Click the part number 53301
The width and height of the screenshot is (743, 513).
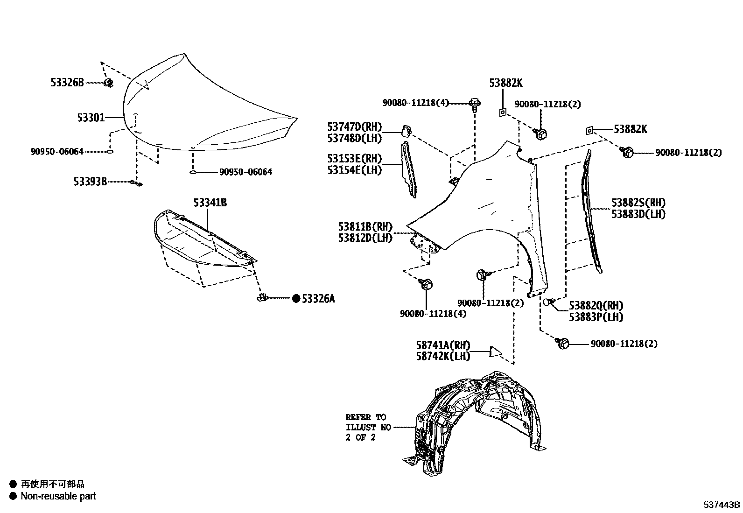tap(91, 118)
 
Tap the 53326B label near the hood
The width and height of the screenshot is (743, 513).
tap(67, 83)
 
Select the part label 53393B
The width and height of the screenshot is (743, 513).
tap(90, 182)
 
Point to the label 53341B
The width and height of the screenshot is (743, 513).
tap(210, 203)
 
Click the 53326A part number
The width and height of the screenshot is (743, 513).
tap(318, 299)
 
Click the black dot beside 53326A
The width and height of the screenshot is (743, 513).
tap(295, 299)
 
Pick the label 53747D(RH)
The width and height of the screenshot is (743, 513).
tap(354, 126)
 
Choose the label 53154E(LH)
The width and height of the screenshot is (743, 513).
tap(354, 170)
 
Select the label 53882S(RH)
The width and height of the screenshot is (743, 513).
tap(638, 203)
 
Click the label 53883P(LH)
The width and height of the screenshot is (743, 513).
tap(596, 317)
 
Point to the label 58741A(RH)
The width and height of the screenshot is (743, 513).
tap(443, 345)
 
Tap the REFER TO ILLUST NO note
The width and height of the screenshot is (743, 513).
tap(366, 427)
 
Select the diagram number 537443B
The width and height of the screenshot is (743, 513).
tap(722, 505)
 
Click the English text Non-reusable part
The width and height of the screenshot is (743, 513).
tap(58, 496)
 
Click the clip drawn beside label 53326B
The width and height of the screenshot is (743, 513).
tap(108, 84)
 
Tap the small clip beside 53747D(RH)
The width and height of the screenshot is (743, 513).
tap(405, 131)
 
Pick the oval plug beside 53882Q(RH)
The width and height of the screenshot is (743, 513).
tap(547, 302)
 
